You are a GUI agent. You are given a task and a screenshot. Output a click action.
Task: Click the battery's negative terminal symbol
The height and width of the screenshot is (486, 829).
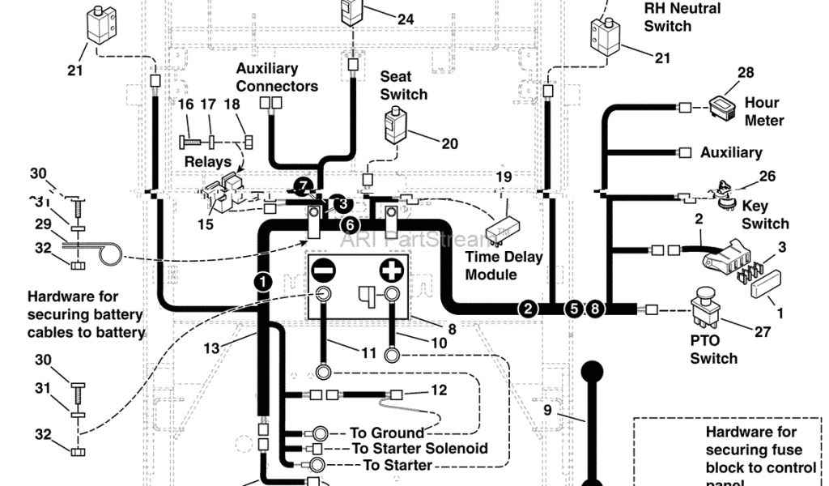(322, 268)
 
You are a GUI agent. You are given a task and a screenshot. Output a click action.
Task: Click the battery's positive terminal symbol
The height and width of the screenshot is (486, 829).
(392, 268)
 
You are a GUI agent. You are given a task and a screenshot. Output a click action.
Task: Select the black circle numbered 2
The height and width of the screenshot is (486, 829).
(528, 308)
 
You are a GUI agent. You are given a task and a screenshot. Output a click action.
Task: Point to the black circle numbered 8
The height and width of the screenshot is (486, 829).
(596, 308)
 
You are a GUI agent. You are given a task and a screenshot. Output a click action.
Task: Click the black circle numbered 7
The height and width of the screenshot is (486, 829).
(302, 186)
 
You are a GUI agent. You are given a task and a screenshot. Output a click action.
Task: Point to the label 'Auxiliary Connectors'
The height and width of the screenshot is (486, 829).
(277, 77)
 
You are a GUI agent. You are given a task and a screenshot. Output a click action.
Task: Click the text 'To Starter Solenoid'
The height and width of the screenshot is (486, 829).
(419, 449)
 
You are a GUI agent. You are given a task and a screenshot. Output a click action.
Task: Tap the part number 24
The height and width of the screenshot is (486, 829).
(405, 19)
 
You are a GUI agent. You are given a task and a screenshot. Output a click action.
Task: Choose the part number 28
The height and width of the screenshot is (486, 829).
(746, 73)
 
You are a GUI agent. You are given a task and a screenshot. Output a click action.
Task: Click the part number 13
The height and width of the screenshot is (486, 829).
(211, 348)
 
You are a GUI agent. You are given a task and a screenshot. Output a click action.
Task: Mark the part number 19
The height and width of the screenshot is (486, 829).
(504, 177)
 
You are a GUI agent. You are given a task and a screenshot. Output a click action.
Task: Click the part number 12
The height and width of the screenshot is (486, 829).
(438, 390)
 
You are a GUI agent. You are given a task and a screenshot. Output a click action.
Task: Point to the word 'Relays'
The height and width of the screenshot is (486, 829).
(208, 162)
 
